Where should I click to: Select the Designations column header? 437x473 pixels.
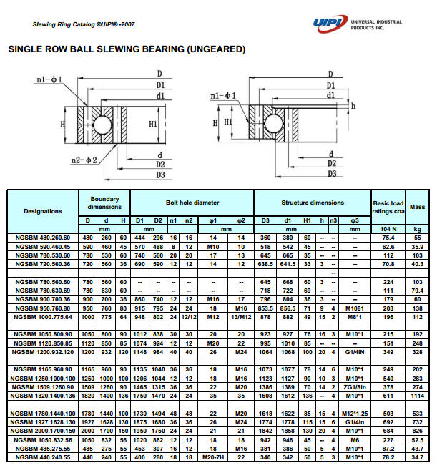[x=43, y=211]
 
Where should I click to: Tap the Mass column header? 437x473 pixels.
[x=417, y=207]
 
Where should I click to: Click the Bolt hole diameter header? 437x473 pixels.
[x=192, y=203]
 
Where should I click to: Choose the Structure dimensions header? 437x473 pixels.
[x=312, y=203]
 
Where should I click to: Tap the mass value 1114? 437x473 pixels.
[x=417, y=396]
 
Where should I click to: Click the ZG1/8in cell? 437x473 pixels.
[x=354, y=386]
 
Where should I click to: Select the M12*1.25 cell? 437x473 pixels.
[x=354, y=413]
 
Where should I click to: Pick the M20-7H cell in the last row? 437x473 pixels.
[x=212, y=456]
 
